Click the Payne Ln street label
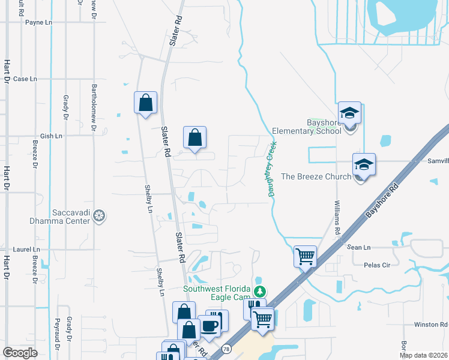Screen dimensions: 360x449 [39, 22]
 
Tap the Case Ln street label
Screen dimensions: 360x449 [25, 79]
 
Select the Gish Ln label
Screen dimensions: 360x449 [51, 136]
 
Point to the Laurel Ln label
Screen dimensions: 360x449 [26, 249]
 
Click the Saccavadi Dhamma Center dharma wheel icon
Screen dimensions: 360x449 [101, 215]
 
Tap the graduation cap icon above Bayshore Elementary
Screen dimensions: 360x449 [349, 112]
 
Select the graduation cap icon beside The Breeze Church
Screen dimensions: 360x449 [364, 164]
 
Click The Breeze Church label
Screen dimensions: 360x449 [316, 176]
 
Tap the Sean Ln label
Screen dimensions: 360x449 [359, 247]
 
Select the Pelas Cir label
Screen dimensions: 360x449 [378, 265]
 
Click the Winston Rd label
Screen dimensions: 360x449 [431, 325]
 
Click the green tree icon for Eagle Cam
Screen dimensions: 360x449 [259, 292]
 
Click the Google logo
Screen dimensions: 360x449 [20, 353]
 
